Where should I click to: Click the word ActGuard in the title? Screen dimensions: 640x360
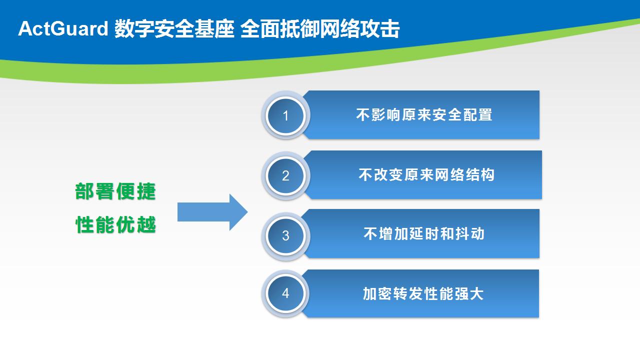[63, 28]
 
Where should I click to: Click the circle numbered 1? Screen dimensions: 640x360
[285, 115]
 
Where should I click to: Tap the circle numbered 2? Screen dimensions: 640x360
[285, 175]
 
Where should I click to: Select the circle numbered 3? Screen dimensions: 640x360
[285, 235]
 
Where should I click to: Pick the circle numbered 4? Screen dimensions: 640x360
[285, 293]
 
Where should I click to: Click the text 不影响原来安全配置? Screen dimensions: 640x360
[424, 115]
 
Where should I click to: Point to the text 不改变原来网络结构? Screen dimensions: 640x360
[426, 175]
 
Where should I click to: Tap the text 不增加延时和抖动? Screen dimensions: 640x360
[424, 233]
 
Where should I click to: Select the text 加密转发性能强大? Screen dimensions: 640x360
[423, 293]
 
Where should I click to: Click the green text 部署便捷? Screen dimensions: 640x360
[115, 191]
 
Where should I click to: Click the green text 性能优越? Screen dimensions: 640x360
[115, 224]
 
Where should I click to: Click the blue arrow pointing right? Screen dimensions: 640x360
[212, 212]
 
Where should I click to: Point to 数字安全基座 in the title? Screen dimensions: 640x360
[174, 28]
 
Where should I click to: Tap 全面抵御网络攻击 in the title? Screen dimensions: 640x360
[320, 28]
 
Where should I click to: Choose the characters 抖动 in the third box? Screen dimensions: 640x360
[469, 233]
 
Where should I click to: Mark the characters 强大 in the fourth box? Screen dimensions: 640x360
[468, 293]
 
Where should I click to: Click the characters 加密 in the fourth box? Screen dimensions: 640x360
[377, 293]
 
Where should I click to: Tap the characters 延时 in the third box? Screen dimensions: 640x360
[423, 233]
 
